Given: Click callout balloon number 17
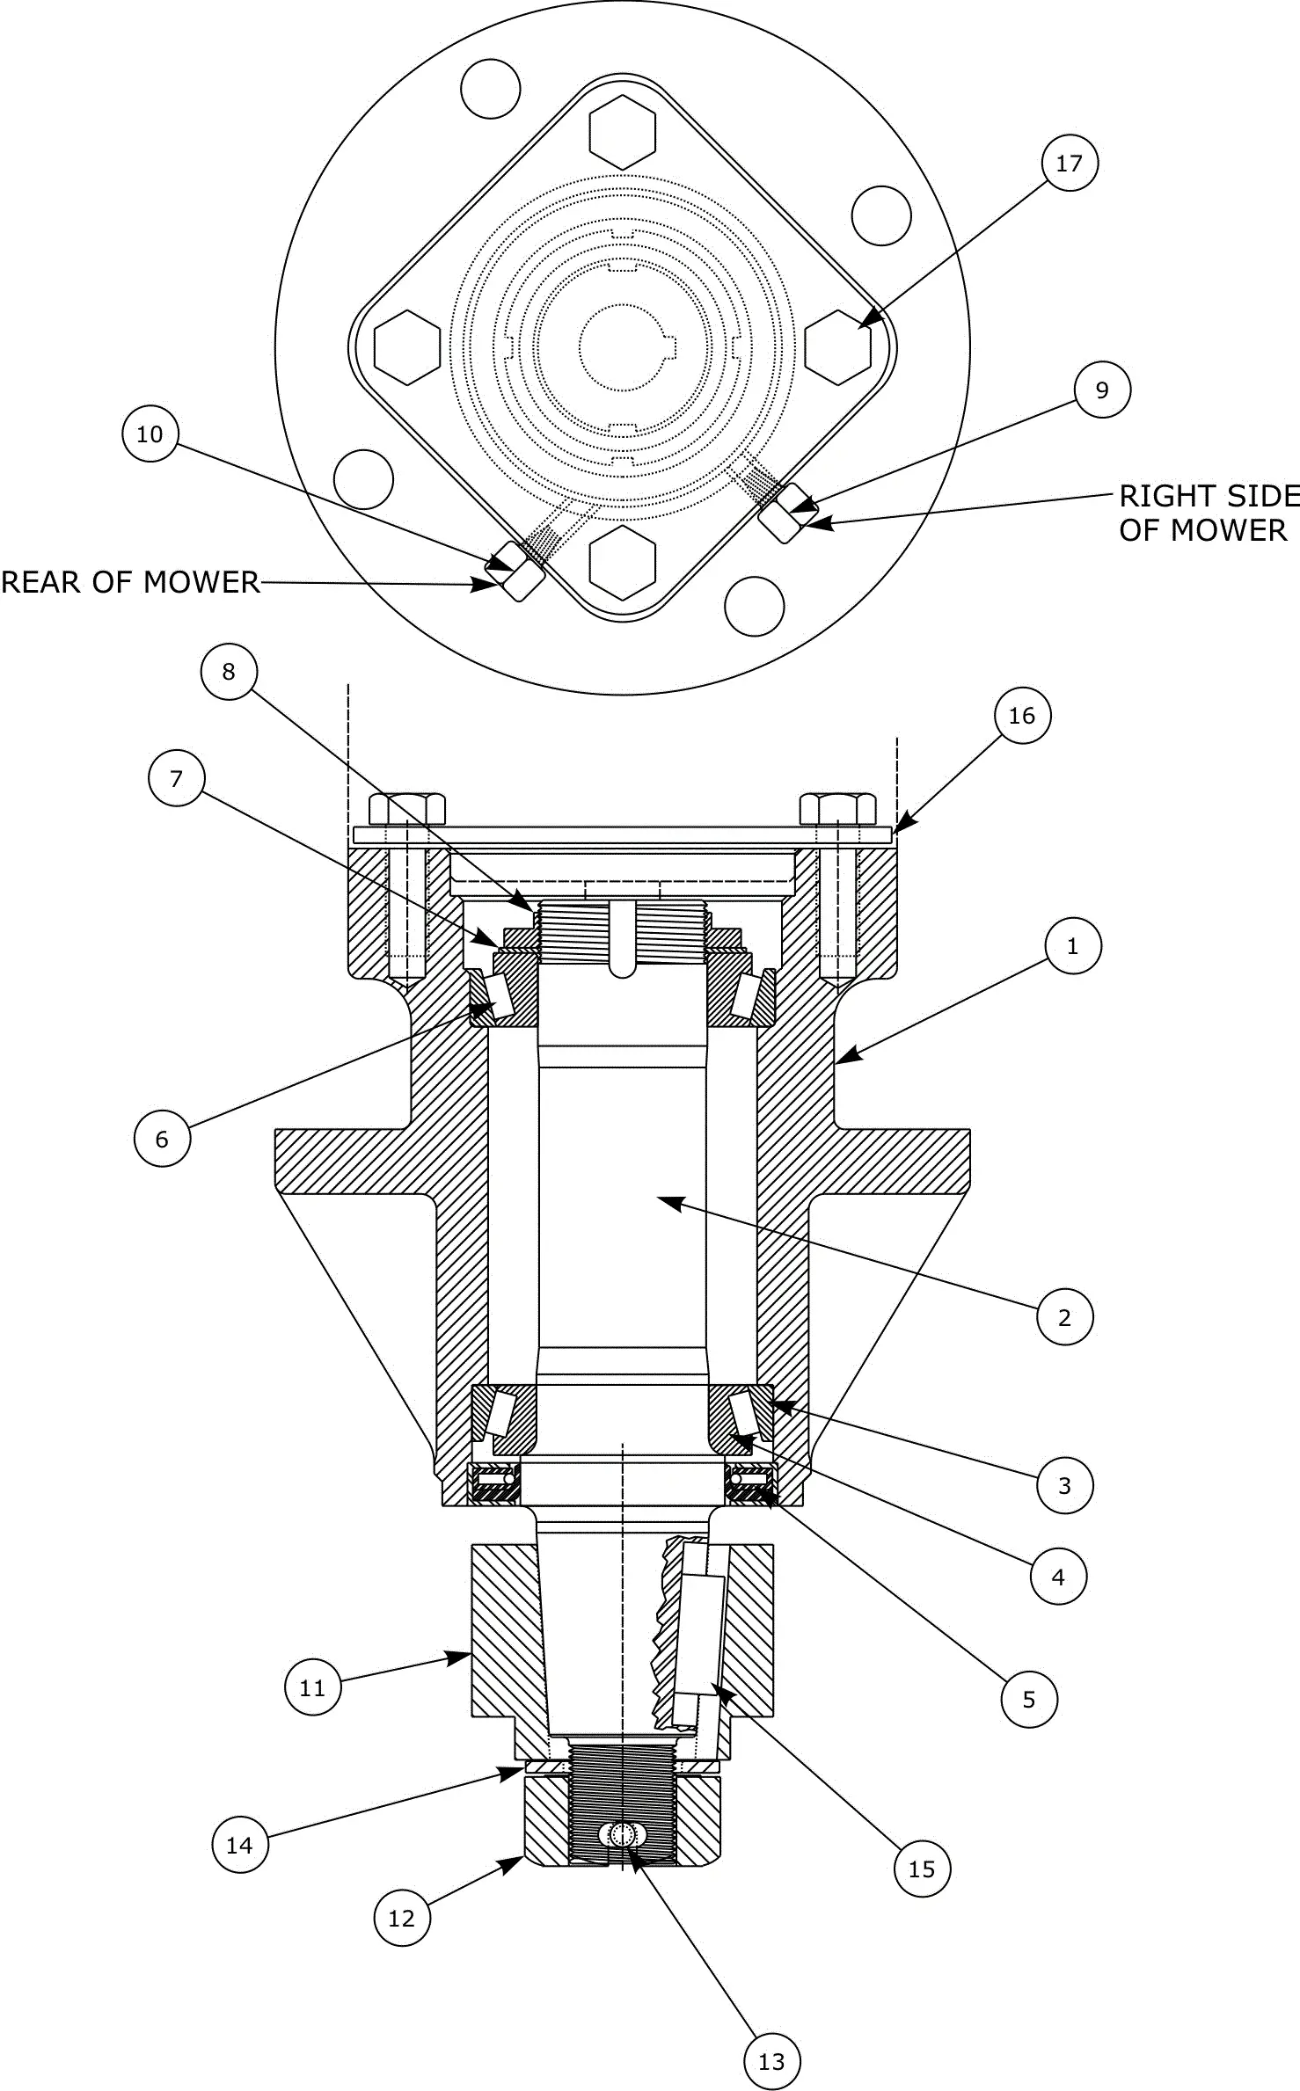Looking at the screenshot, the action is coord(1069,163).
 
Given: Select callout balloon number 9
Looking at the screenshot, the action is coord(1102,390).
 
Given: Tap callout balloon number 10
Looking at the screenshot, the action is coord(150,433).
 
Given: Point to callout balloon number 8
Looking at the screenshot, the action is coord(229,672).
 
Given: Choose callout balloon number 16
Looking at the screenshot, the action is coord(1021,716).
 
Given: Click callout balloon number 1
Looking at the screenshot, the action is coord(1072,946).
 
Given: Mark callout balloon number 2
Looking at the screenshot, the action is coord(1064,1317).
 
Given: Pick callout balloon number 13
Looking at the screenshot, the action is coord(771,2061).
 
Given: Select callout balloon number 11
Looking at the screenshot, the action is coord(312,1687).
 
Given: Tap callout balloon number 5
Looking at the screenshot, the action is coord(1029,1700).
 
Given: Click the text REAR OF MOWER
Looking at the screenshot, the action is coord(130,582).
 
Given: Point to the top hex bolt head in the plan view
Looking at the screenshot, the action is coord(623,132).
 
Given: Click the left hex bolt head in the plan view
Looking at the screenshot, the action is coord(407,346).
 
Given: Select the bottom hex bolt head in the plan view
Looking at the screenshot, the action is coord(623,564).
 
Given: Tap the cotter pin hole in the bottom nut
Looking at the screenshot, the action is coord(622,1834).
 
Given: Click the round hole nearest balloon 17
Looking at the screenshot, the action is coord(881,215).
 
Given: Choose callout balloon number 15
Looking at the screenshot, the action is coord(922,1869).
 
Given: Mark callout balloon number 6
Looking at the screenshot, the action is coord(162,1139).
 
